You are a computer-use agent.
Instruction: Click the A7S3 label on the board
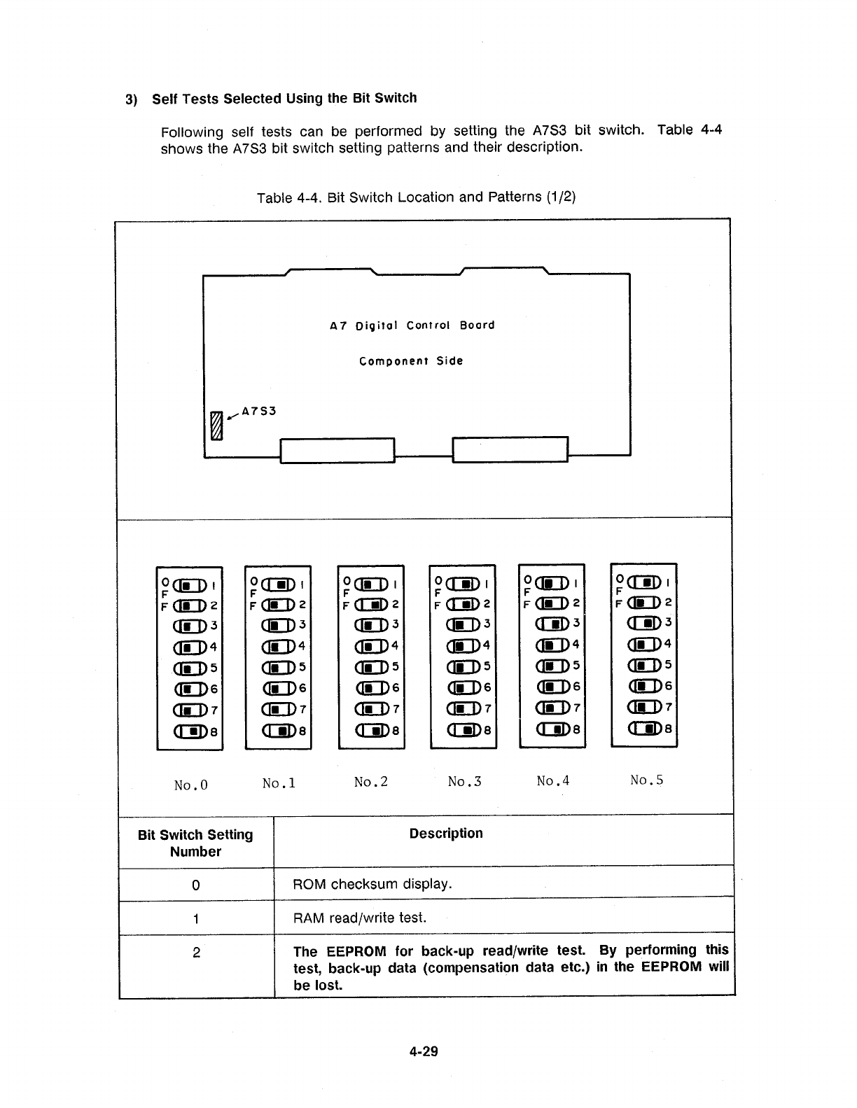coord(259,411)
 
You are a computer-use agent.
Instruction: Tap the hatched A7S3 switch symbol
coord(216,426)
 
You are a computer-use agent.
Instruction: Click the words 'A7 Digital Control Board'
coord(412,325)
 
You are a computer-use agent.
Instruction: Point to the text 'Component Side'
coord(411,361)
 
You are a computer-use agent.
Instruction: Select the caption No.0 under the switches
coord(190,785)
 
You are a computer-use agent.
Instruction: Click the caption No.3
coord(464,781)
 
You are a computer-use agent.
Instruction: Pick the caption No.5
coord(646,780)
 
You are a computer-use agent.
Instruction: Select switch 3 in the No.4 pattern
coord(552,624)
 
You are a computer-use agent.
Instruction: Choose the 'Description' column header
coord(446,834)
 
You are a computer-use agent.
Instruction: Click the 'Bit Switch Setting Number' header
coord(195,843)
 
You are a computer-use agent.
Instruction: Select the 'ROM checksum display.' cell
coord(372,884)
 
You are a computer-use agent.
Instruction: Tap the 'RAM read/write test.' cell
coord(360,918)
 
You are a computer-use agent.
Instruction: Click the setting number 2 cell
coord(196,953)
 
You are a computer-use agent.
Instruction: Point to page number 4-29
coord(424,1051)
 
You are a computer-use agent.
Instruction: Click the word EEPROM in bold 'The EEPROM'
coord(356,952)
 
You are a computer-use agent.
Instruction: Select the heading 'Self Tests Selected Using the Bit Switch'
coord(284,99)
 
